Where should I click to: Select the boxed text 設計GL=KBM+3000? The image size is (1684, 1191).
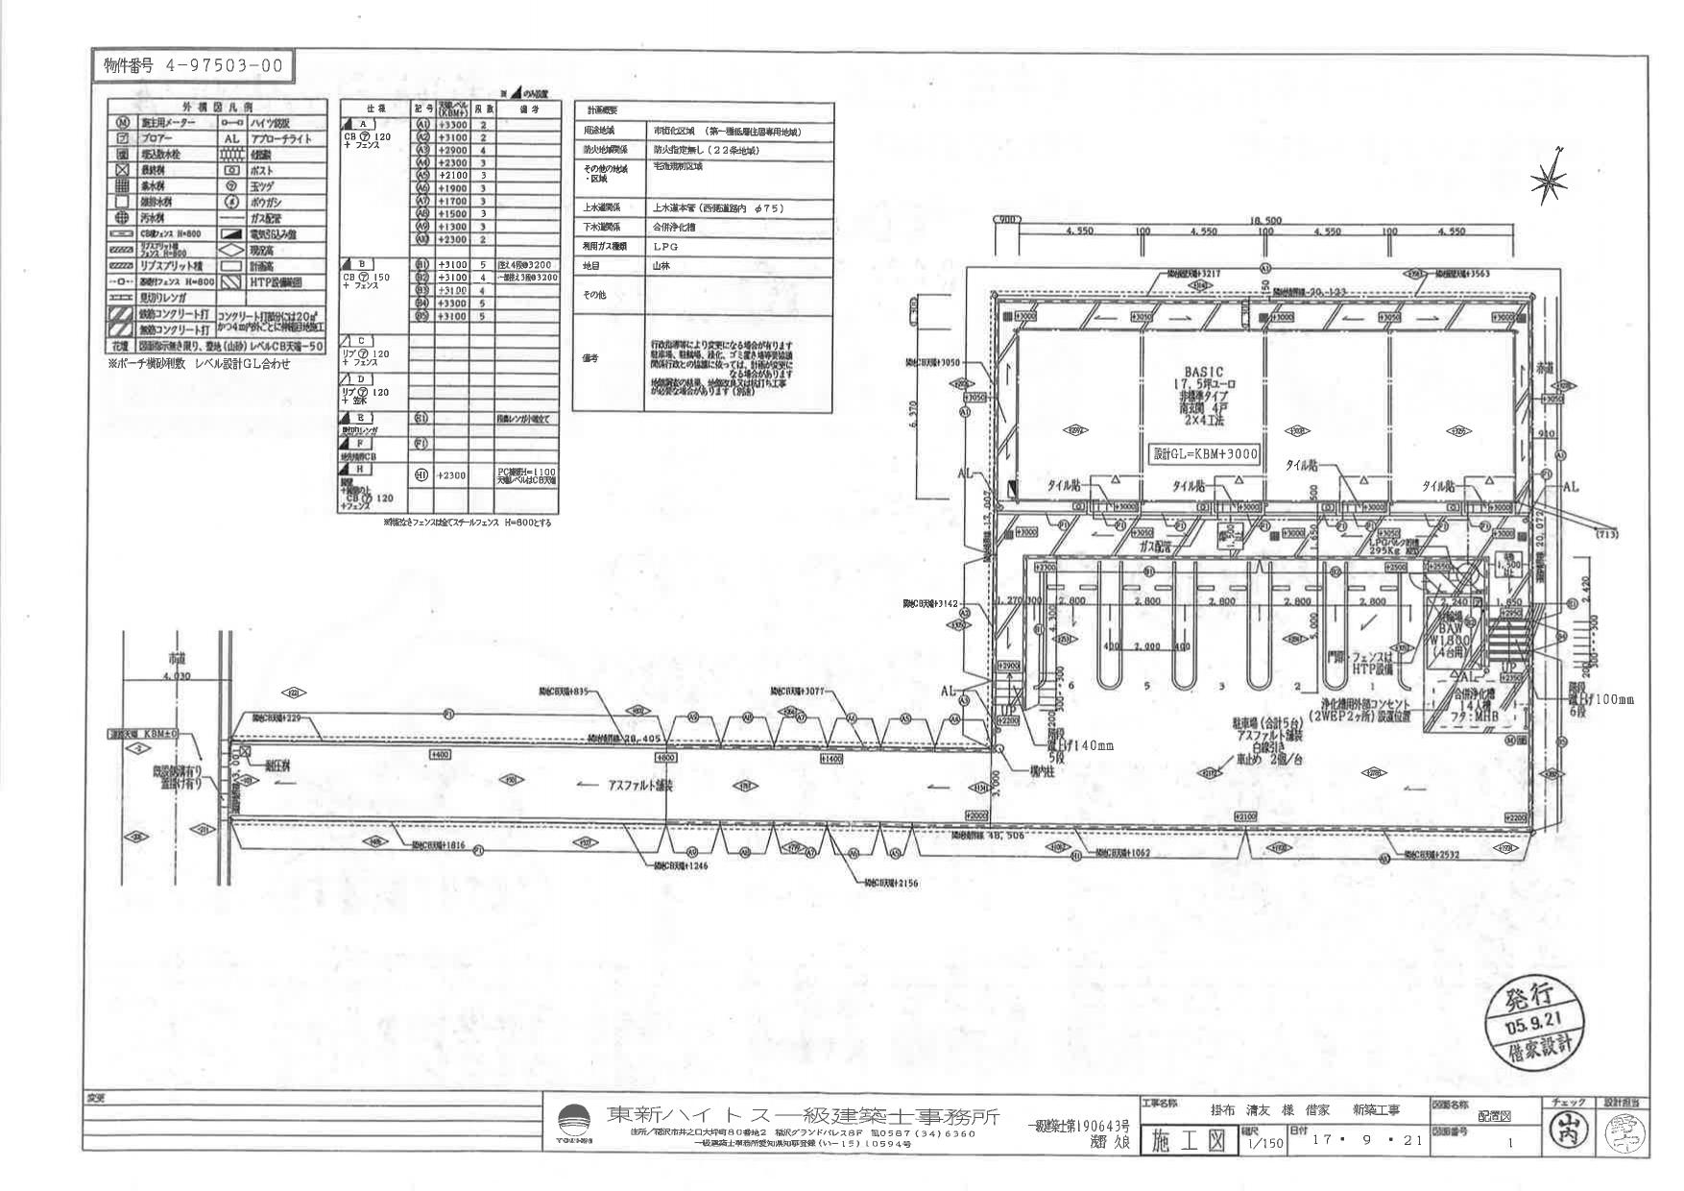point(1205,453)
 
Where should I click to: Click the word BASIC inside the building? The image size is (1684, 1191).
point(1204,372)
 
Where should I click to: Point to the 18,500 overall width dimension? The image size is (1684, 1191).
point(1265,221)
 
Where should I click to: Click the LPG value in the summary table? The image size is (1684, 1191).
point(666,246)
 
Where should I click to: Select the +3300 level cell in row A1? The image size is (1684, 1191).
point(452,125)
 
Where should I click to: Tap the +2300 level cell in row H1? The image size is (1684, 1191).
point(452,475)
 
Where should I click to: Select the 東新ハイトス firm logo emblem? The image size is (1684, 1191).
point(574,1121)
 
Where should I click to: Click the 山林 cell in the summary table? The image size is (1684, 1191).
point(662,265)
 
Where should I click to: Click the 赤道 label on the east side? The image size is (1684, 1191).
point(1544,368)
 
